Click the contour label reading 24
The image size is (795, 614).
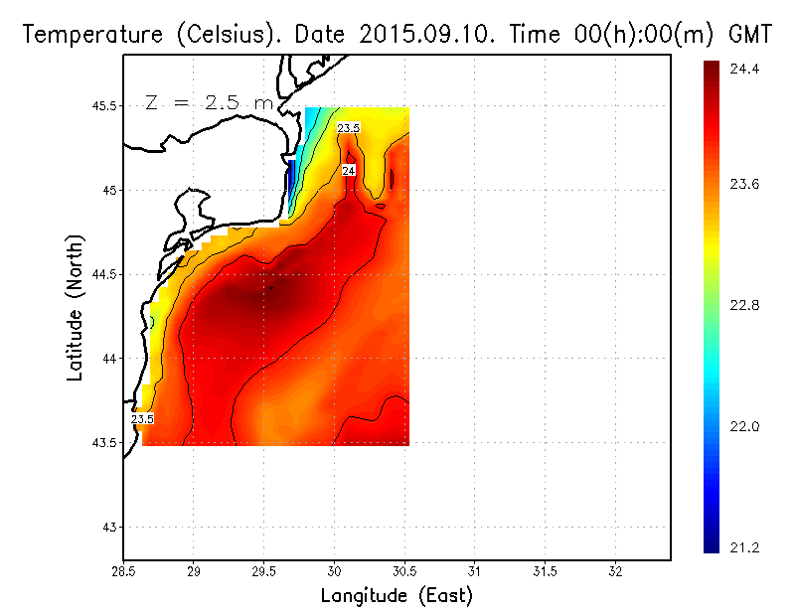349,171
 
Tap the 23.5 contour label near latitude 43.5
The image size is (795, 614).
143,419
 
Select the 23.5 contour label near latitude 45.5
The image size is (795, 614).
349,128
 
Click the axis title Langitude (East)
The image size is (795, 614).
397,595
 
